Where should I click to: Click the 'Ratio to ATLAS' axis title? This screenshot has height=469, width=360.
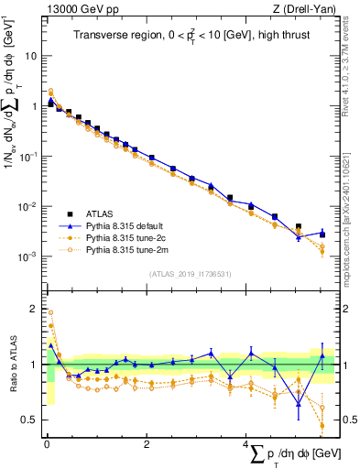[x=11, y=365]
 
